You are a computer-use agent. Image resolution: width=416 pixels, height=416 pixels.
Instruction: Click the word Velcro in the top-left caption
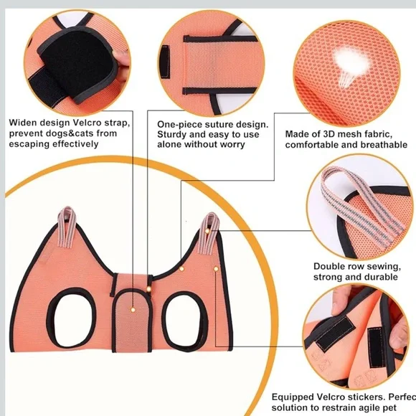click(82, 123)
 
